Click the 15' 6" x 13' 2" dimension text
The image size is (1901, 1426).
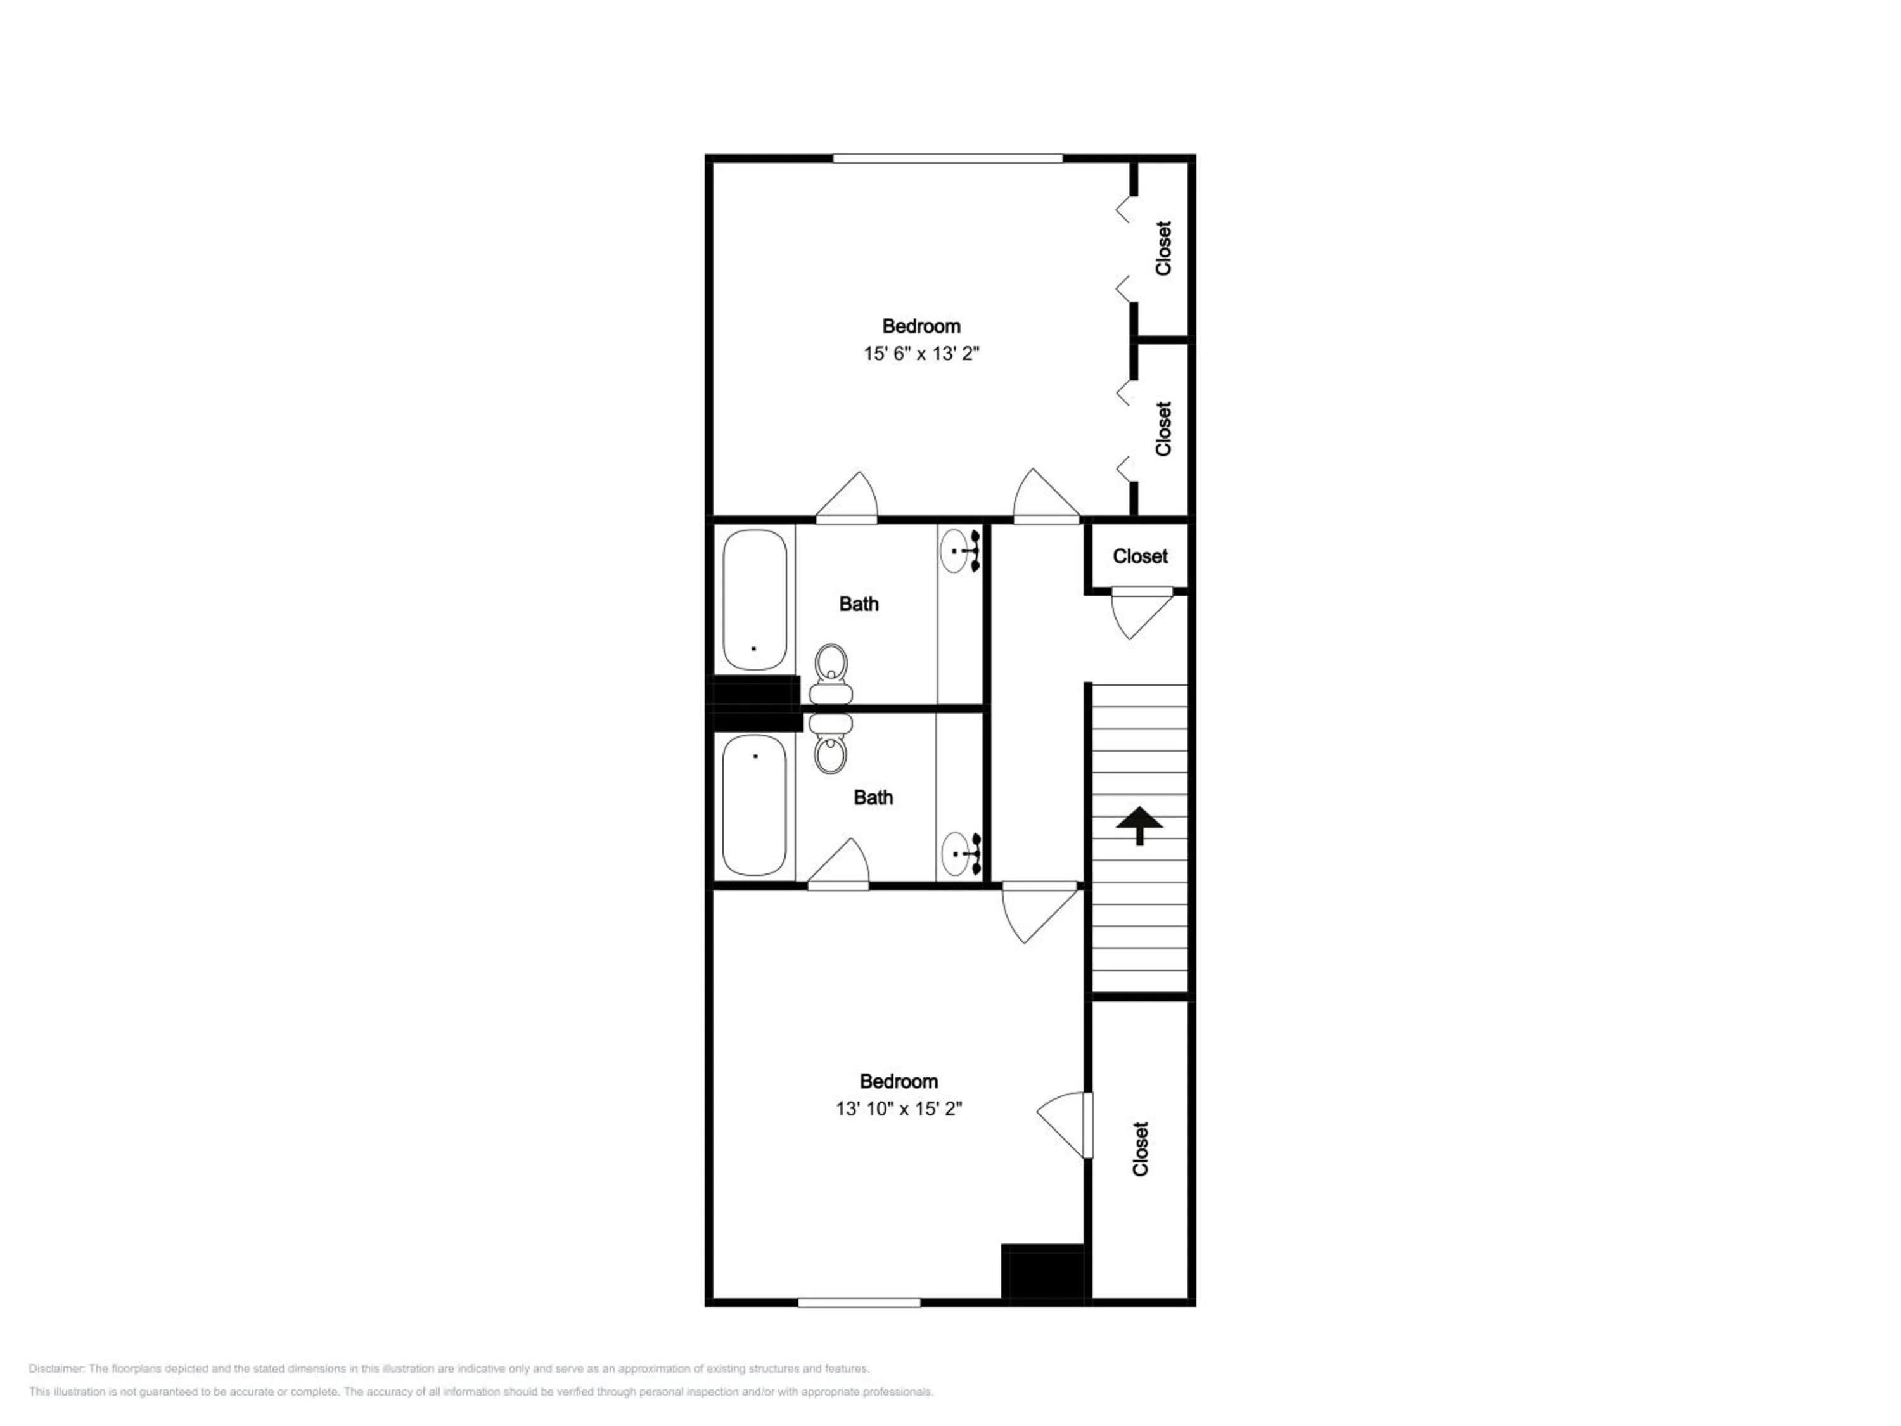[921, 353]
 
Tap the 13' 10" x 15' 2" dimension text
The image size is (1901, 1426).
[899, 1109]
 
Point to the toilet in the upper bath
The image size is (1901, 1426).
[831, 674]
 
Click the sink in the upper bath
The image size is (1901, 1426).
[960, 551]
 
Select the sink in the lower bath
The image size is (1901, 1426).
[960, 854]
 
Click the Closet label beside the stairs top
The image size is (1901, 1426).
[1141, 556]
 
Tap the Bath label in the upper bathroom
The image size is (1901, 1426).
[859, 604]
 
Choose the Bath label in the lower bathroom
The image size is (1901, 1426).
[873, 798]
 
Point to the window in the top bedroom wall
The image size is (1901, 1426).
[948, 158]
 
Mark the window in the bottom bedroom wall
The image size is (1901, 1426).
[859, 1303]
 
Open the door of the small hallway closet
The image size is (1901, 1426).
[1142, 613]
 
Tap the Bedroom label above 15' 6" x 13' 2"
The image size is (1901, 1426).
[921, 326]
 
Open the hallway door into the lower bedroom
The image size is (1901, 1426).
[1040, 913]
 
